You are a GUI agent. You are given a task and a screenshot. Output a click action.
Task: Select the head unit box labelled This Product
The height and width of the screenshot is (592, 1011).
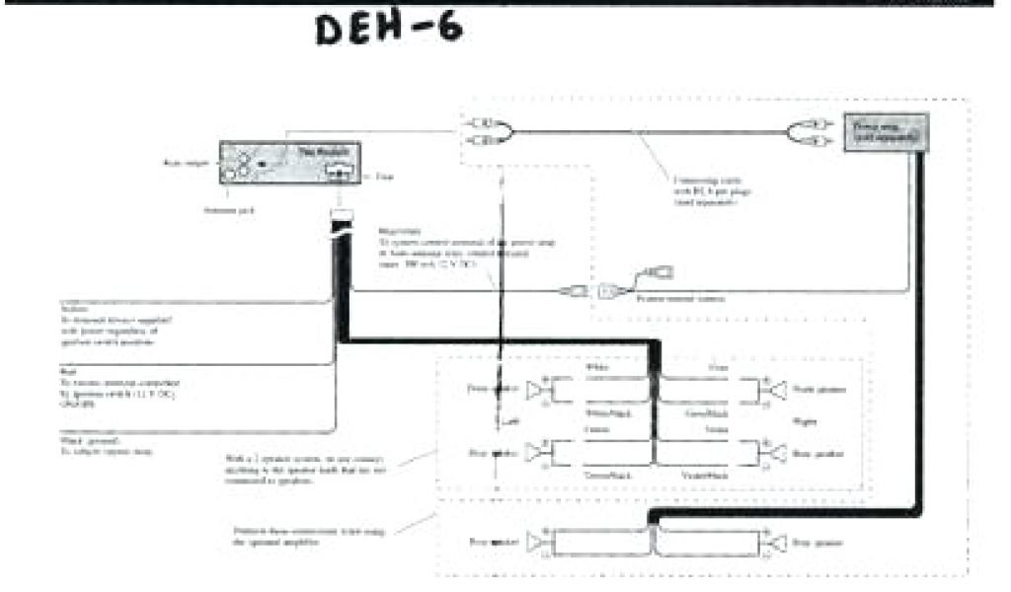(290, 163)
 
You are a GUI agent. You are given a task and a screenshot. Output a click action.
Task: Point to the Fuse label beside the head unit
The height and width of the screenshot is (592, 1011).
(384, 178)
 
